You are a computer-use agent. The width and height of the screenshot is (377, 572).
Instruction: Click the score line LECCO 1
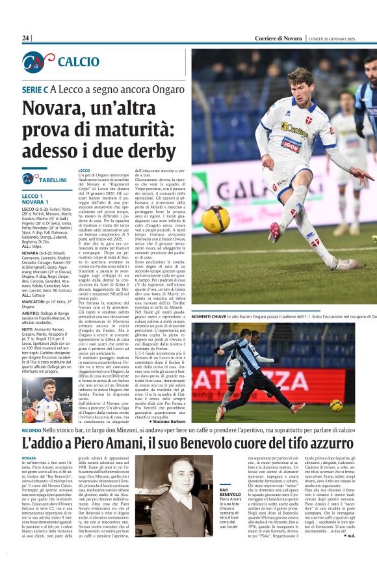pos(32,196)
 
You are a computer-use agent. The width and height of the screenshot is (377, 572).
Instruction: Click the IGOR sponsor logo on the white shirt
pos(291,145)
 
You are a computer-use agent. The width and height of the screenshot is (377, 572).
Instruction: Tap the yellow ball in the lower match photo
pos(336,405)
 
